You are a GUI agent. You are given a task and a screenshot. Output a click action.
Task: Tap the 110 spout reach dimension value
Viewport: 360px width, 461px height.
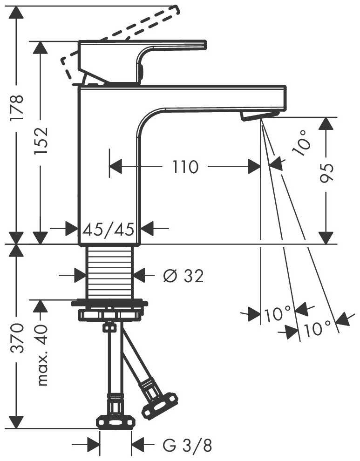coord(185,167)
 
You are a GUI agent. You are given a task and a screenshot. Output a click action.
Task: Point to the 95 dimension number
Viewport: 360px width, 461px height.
coord(327,174)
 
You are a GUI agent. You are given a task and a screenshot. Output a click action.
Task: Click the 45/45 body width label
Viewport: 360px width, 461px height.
coord(109,229)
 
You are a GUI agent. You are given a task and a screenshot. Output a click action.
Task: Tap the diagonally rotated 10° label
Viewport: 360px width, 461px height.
coord(301,142)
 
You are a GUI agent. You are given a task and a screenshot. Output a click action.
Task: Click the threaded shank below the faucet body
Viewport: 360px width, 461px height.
coord(110,273)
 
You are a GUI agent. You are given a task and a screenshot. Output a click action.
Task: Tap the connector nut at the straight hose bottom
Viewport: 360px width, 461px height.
coord(115,422)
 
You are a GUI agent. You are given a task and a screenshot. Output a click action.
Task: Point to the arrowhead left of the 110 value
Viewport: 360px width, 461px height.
coord(115,166)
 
